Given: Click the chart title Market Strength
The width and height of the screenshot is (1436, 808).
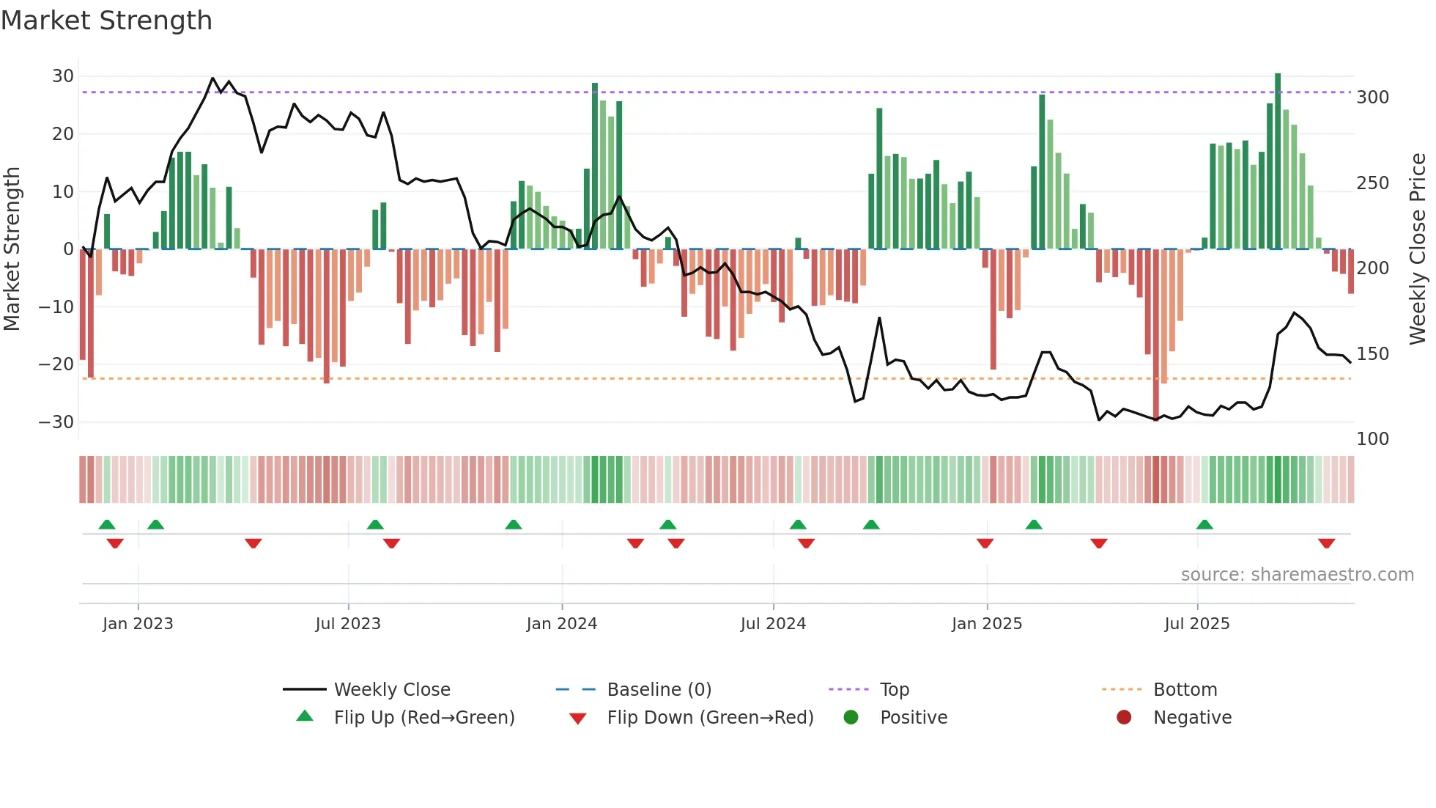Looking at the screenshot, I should click(x=106, y=21).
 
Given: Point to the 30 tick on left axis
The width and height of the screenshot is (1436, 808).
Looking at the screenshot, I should click(x=63, y=76).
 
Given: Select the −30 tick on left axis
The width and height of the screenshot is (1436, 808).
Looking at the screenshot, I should click(x=57, y=422).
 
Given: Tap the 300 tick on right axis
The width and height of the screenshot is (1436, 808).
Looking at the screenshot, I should click(x=1372, y=98).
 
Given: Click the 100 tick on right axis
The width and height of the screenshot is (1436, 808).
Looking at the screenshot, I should click(x=1372, y=439).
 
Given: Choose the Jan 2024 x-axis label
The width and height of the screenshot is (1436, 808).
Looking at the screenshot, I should click(x=561, y=624).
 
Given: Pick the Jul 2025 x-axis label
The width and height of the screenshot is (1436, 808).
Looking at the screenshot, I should click(x=1196, y=624).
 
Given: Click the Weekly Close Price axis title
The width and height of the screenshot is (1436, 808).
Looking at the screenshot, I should click(x=1418, y=249).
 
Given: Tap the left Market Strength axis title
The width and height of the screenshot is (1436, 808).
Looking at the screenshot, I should click(x=12, y=249).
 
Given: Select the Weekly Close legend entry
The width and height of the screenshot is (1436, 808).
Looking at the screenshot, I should click(x=391, y=690).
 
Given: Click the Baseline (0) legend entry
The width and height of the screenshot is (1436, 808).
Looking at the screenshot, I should click(x=659, y=690).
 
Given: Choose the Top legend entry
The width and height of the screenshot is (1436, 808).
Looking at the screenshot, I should click(x=894, y=690).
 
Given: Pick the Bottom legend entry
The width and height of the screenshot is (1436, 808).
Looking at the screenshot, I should click(x=1185, y=690).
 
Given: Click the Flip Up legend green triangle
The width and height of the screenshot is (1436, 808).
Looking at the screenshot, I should click(x=305, y=716).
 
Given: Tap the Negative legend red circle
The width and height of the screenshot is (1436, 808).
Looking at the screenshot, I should click(x=1124, y=717).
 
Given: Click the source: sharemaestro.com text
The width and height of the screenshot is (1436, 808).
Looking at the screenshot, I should click(x=1297, y=575).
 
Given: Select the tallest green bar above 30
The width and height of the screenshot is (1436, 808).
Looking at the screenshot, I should click(x=1278, y=161).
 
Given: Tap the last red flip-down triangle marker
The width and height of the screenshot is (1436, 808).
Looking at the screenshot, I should click(x=1326, y=543).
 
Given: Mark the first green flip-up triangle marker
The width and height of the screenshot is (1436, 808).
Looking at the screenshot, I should click(x=107, y=524).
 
